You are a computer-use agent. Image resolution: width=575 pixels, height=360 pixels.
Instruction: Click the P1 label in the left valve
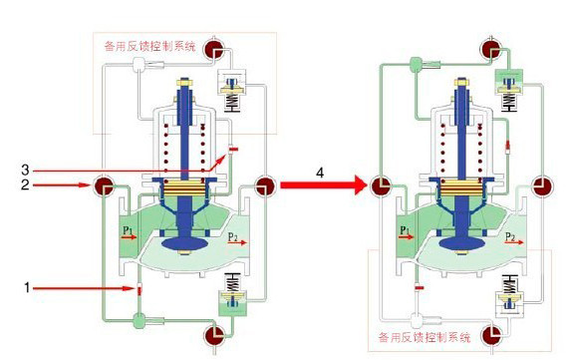click(x=128, y=231)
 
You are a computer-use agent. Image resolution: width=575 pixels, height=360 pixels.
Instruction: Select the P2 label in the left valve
click(x=231, y=237)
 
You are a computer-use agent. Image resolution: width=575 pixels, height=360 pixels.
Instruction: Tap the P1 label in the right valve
click(x=405, y=231)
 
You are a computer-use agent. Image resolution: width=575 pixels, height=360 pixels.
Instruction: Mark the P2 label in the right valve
click(x=508, y=237)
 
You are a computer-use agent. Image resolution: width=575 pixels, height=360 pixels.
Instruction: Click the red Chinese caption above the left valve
click(x=151, y=45)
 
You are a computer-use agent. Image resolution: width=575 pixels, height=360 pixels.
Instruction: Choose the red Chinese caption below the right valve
click(x=425, y=336)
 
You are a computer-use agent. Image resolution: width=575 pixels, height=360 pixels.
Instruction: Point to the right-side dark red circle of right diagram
click(x=541, y=186)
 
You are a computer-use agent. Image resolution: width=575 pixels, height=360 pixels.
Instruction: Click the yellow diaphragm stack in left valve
click(x=182, y=186)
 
